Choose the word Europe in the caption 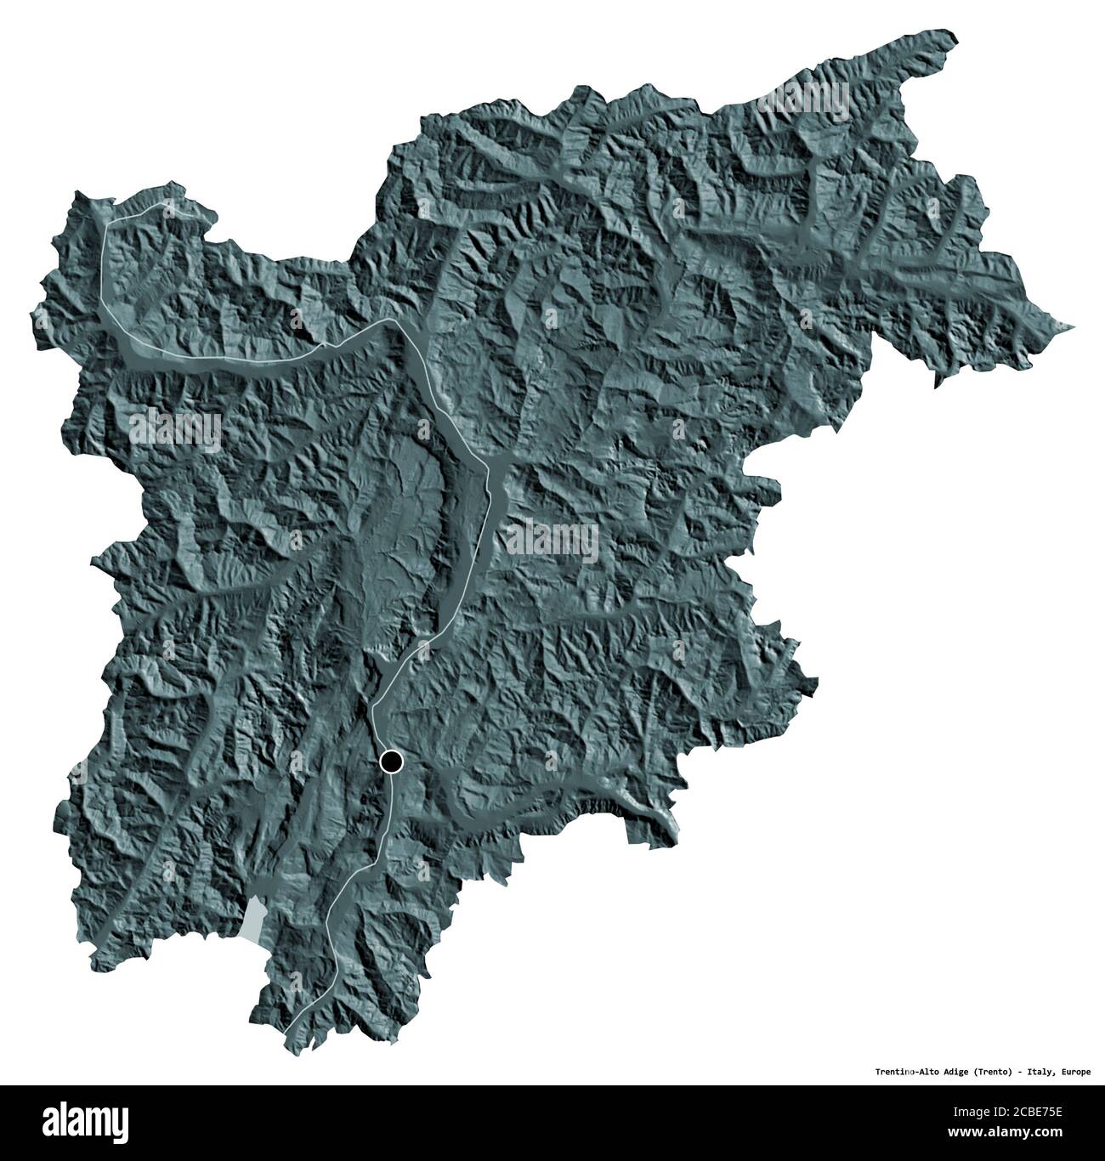click(x=1075, y=1072)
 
